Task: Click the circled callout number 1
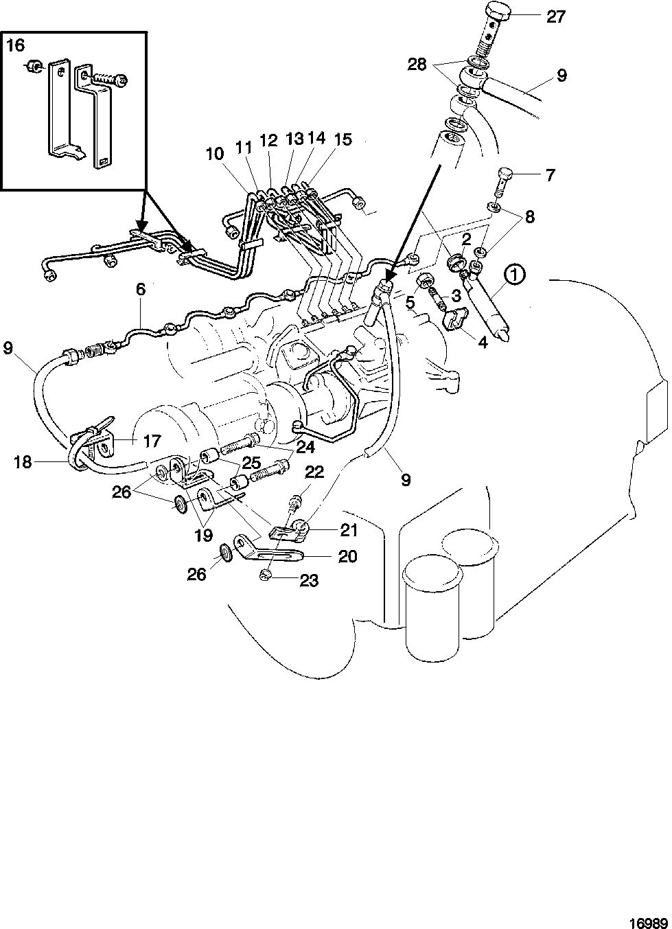click(514, 275)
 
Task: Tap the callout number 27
click(556, 17)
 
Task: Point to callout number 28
click(417, 65)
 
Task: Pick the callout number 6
click(141, 289)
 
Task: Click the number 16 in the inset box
click(16, 45)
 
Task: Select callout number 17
click(152, 441)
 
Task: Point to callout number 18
click(23, 462)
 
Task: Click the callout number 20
click(347, 556)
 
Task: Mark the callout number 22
click(315, 472)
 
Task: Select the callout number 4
click(483, 343)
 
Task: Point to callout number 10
click(215, 154)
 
